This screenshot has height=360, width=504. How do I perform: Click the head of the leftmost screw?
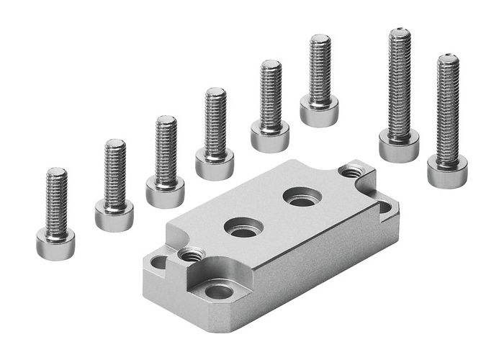tap(55, 243)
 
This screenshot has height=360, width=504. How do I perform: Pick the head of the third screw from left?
tap(165, 192)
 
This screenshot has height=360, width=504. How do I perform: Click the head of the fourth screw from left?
tap(215, 164)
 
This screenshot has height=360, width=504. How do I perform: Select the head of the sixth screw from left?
tap(319, 112)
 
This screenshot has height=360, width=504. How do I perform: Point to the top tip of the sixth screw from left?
tap(320, 37)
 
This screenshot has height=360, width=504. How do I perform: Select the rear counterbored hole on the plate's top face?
tap(300, 197)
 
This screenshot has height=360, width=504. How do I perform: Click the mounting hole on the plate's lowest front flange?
tap(218, 292)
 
